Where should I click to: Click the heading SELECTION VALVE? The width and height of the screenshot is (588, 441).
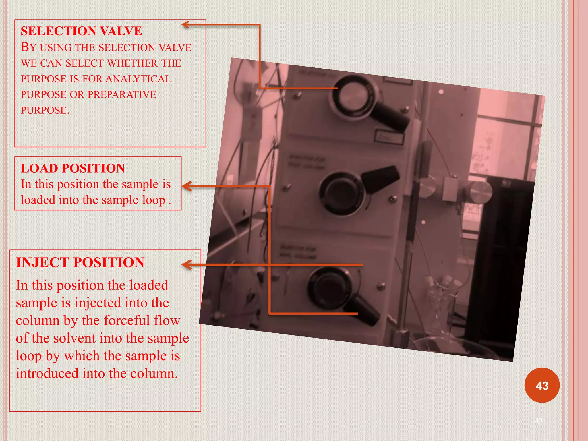pos(81,31)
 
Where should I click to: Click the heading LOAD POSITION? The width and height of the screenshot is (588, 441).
pos(73,168)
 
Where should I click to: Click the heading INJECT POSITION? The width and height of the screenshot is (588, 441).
pos(80,262)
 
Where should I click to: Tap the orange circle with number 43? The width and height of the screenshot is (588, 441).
pos(542,385)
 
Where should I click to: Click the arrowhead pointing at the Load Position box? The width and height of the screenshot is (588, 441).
pos(186,186)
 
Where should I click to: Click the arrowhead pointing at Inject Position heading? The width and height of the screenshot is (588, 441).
pos(186,264)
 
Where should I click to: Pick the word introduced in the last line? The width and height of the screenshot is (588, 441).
pos(47,374)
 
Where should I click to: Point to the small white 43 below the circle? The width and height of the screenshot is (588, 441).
pos(539,421)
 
